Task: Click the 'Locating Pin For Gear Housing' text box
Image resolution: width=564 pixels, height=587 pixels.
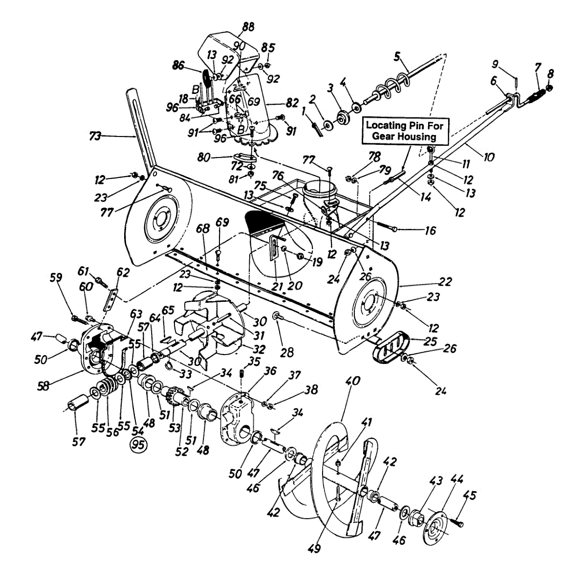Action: coord(405,131)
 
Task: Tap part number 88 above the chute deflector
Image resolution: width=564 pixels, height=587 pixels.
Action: coord(248,27)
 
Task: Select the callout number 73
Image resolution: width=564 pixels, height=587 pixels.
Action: coord(95,136)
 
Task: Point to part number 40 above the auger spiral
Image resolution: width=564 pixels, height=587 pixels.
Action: coord(352,381)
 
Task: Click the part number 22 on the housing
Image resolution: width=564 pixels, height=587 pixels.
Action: coord(445,281)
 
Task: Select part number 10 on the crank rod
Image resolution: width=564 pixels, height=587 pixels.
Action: coord(489,157)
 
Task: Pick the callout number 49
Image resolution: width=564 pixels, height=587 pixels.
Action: coord(314,549)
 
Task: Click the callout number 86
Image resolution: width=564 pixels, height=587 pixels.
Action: coord(179,65)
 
